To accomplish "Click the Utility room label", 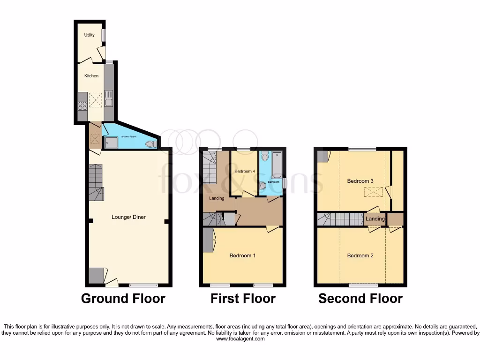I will click(x=89, y=35).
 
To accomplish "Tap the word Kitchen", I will click(x=91, y=76).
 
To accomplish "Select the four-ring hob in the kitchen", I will click(x=82, y=105).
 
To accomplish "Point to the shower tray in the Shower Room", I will click(x=111, y=142).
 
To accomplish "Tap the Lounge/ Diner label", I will click(x=126, y=217).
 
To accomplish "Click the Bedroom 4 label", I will click(x=244, y=172).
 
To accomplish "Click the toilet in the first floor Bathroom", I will click(x=265, y=157).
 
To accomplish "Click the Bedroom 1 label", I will click(x=242, y=256).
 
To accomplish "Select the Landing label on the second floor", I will click(x=375, y=219).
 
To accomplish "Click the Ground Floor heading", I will click(x=123, y=299).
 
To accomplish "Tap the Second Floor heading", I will click(x=360, y=299).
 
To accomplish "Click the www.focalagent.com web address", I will click(x=240, y=339).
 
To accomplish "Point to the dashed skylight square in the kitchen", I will click(x=96, y=99).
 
